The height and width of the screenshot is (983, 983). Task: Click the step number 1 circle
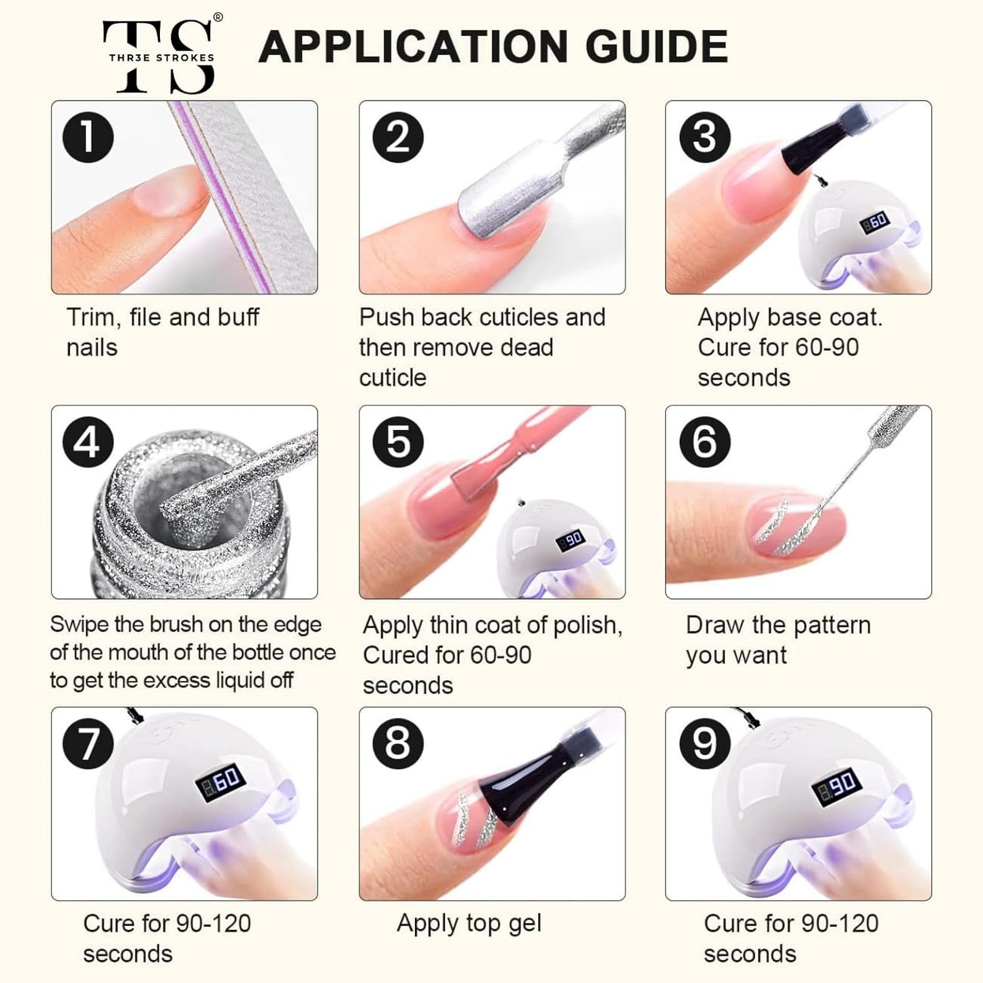point(88,137)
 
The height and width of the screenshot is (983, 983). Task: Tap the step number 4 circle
point(88,442)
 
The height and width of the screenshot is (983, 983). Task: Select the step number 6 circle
point(705,442)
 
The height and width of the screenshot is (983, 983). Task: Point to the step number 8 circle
point(398,744)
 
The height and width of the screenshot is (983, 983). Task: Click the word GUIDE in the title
point(657,46)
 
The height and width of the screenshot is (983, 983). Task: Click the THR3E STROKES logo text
point(162,58)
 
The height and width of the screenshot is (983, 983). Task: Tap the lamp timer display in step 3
point(876,222)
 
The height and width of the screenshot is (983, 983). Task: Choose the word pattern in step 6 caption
point(831,625)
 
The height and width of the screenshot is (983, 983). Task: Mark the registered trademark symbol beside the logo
point(218,17)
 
